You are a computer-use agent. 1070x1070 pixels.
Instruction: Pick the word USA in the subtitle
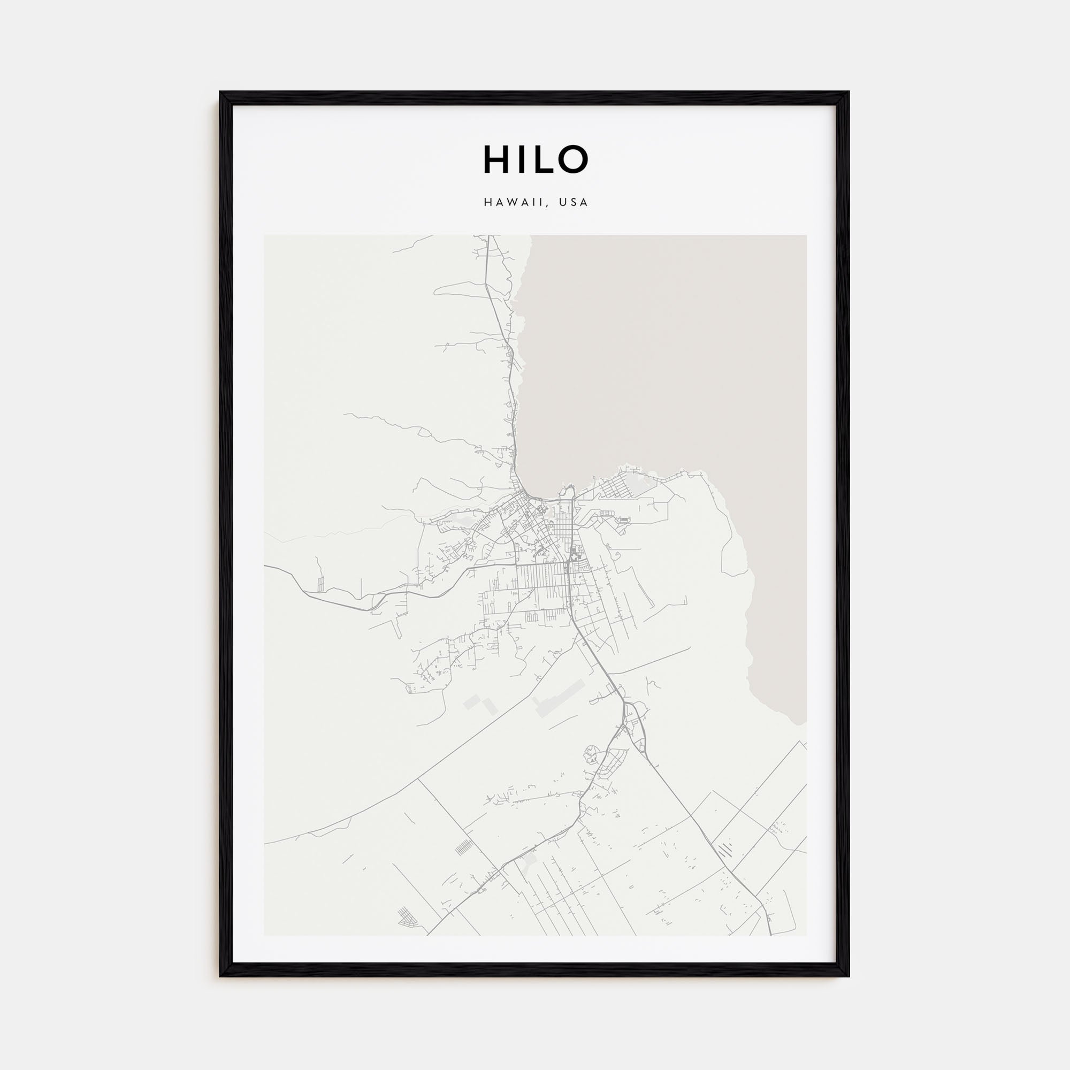pos(573,202)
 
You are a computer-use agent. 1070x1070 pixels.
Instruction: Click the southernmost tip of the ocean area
pos(798,723)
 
